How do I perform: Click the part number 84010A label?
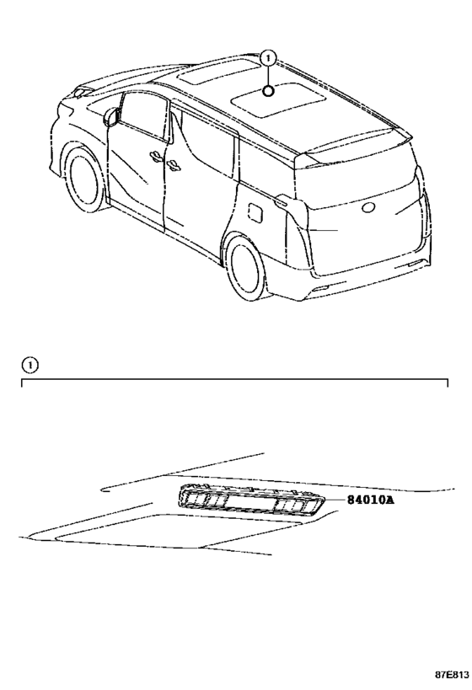pyautogui.click(x=370, y=500)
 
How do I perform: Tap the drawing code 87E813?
pyautogui.click(x=451, y=675)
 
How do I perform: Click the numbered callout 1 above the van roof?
pyautogui.click(x=268, y=57)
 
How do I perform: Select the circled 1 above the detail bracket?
pyautogui.click(x=29, y=364)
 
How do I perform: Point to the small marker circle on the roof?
pyautogui.click(x=268, y=91)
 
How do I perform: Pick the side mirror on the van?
pyautogui.click(x=112, y=116)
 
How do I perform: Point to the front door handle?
pyautogui.click(x=155, y=156)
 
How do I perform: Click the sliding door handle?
pyautogui.click(x=174, y=164)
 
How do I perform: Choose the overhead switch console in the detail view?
pyautogui.click(x=252, y=500)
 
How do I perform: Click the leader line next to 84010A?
pyautogui.click(x=335, y=500)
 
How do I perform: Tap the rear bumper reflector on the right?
pyautogui.click(x=414, y=264)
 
